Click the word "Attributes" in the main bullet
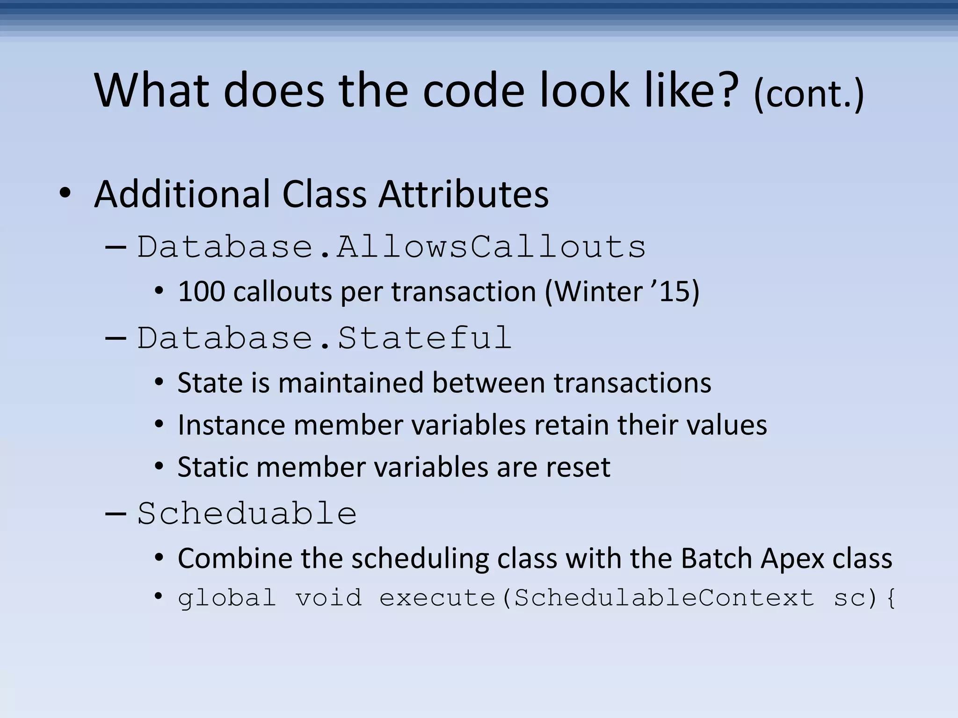464,194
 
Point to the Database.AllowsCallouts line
391,247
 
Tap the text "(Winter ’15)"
622,292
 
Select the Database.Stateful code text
324,338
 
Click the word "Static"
213,467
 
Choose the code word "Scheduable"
247,513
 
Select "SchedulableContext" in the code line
664,598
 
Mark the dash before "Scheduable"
116,513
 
